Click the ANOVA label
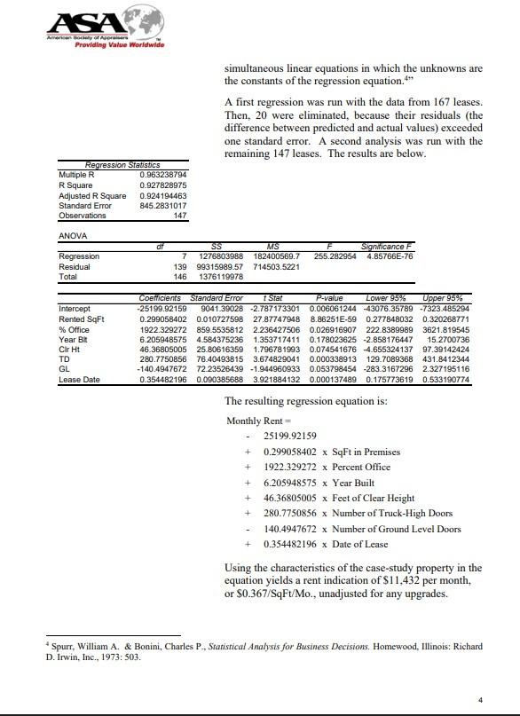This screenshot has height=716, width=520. pos(71,236)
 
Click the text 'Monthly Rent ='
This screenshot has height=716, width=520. pos(256,420)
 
